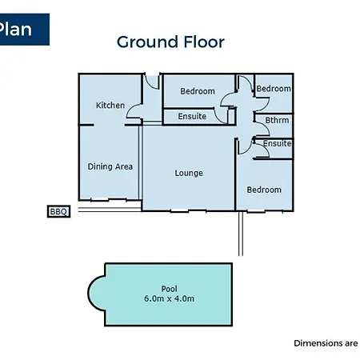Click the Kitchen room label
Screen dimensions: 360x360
110,106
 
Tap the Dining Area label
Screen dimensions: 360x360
110,166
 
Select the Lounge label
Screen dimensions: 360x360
189,174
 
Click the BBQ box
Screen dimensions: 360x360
58,211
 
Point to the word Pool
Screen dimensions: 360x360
169,289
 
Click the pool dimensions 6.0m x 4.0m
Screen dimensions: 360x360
169,298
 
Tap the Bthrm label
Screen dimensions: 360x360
277,120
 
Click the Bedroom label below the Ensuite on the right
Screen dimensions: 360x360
264,190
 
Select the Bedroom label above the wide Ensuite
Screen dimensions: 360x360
198,91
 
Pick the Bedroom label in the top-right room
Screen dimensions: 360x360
274,89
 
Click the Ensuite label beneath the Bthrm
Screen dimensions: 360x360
277,143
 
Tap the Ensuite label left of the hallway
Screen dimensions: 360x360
192,116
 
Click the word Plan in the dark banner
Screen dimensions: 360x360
15,29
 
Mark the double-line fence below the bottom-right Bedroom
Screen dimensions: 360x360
241,234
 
